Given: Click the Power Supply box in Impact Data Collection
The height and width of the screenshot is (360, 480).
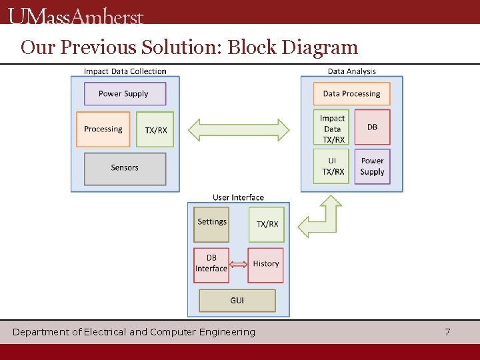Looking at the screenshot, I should [125, 94].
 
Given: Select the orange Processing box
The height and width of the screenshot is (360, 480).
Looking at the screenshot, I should [104, 129].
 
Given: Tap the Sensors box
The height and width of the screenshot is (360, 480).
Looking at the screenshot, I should [125, 169].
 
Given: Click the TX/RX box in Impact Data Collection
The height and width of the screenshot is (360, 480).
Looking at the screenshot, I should [155, 129].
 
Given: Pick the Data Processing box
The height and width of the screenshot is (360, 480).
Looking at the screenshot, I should [351, 94].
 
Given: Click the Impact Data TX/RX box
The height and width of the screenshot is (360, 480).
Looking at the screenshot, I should [332, 129].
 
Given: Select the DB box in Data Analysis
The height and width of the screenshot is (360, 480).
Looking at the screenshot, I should [372, 127].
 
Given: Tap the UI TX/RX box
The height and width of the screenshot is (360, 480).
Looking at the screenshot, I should [332, 166].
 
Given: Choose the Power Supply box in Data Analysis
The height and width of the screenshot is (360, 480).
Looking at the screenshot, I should [372, 166].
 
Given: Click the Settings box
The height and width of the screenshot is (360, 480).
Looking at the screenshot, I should [211, 224].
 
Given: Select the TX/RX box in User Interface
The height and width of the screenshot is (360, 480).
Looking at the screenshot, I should [267, 224].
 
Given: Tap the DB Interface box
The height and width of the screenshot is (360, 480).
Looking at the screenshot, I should [211, 265].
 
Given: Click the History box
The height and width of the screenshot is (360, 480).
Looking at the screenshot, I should [265, 265].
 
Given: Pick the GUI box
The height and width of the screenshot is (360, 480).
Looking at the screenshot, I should [237, 301].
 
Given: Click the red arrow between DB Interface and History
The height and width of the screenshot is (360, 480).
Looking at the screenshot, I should [238, 265].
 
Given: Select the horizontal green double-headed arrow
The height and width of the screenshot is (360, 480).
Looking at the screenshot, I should [239, 129].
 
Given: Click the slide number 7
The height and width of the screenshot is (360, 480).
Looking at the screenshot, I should [447, 332].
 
